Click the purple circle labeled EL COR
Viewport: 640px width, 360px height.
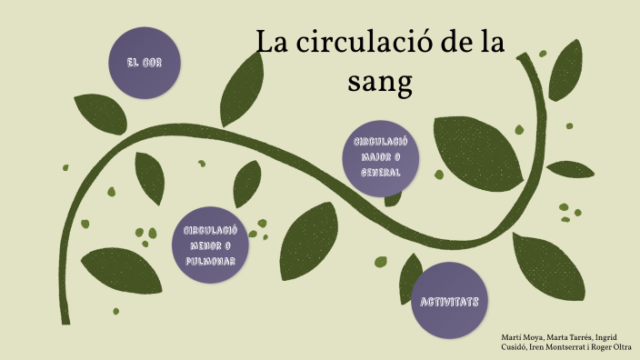click(145, 62)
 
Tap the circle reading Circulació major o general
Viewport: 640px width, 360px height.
click(381, 156)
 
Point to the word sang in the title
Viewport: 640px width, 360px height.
click(380, 82)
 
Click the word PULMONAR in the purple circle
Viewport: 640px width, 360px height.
click(210, 261)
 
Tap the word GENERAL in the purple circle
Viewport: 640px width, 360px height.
click(381, 171)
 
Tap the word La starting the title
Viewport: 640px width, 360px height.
click(271, 44)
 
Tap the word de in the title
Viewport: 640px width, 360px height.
click(454, 44)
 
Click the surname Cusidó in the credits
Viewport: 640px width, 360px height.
click(515, 346)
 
